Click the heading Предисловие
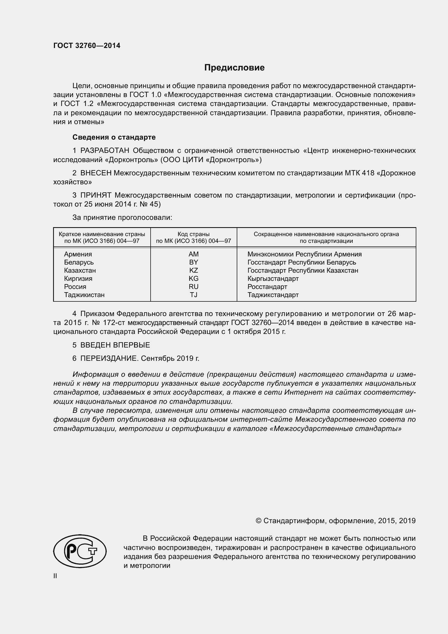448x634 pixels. pos(234,68)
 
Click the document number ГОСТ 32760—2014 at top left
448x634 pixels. pos(87,46)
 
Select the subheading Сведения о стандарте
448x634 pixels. pos(114,137)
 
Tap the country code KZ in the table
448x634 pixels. pos(193,270)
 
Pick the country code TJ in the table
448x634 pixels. pos(193,295)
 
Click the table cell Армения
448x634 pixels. pos(78,254)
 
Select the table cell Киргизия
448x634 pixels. pos(78,278)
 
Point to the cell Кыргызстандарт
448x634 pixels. pos(273,278)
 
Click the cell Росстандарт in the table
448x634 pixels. pos(267,287)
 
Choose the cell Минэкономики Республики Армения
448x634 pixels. pos(304,254)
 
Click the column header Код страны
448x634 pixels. pos(193,234)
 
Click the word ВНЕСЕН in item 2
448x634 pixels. pos(96,173)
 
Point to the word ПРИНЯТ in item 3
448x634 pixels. pos(96,195)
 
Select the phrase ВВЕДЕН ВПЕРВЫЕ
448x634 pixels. pos(115,345)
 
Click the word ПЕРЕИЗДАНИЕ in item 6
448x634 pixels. pos(109,358)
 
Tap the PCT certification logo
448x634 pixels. pos(80,551)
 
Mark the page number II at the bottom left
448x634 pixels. pos(55,576)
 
